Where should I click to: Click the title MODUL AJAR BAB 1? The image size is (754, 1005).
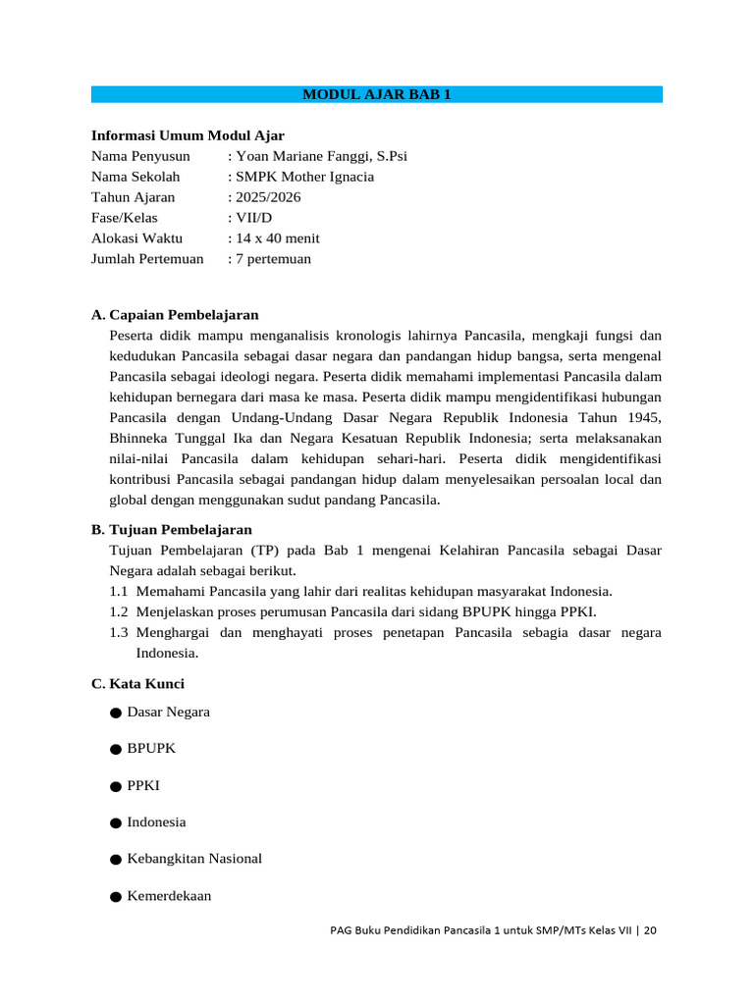(x=376, y=94)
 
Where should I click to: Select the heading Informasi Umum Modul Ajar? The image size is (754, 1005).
(x=188, y=135)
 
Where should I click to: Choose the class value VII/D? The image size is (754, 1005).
(x=252, y=218)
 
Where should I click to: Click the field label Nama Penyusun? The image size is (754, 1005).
(x=140, y=156)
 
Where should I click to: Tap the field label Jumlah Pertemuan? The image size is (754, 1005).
(x=147, y=259)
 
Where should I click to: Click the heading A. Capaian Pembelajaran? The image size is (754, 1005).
(x=175, y=315)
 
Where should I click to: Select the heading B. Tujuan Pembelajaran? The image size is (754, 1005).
(x=172, y=529)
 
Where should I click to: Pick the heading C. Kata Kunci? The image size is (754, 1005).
(x=137, y=683)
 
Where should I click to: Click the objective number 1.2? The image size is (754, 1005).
(x=119, y=611)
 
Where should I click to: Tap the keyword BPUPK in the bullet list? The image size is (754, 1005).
(x=151, y=748)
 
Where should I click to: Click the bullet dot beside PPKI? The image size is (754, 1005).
(x=116, y=786)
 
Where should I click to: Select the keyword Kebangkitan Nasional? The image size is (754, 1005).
(x=194, y=859)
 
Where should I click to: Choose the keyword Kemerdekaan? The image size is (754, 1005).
(x=169, y=896)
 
